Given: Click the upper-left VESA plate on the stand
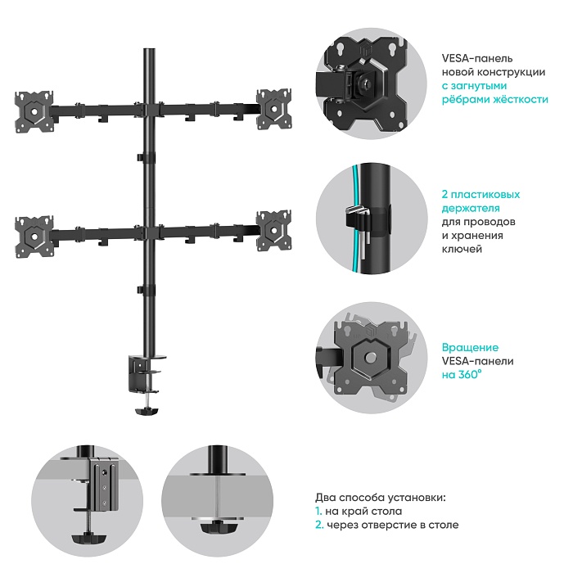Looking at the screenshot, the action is (x=34, y=112).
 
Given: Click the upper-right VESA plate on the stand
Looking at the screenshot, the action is (x=273, y=109).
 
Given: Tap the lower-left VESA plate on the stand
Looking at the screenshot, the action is (x=34, y=237).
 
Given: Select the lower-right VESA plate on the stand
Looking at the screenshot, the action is (x=273, y=231).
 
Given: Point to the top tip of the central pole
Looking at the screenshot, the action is (x=149, y=48).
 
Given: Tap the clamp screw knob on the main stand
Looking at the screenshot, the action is (x=147, y=412).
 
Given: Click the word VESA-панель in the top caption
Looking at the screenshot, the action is (x=477, y=58).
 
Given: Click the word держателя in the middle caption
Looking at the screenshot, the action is (x=471, y=208).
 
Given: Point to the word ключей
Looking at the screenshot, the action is (x=462, y=249).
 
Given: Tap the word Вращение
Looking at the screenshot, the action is (x=470, y=348).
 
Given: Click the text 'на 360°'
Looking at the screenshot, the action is (x=461, y=375).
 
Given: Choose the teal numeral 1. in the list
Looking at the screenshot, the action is (x=318, y=512).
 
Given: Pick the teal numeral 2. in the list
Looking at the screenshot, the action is (x=319, y=526).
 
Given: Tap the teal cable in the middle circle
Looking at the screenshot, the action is (x=358, y=219).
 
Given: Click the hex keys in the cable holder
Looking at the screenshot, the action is (x=361, y=227).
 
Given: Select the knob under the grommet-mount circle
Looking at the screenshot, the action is (x=217, y=527).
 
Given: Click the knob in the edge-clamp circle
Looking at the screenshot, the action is (x=88, y=538).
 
